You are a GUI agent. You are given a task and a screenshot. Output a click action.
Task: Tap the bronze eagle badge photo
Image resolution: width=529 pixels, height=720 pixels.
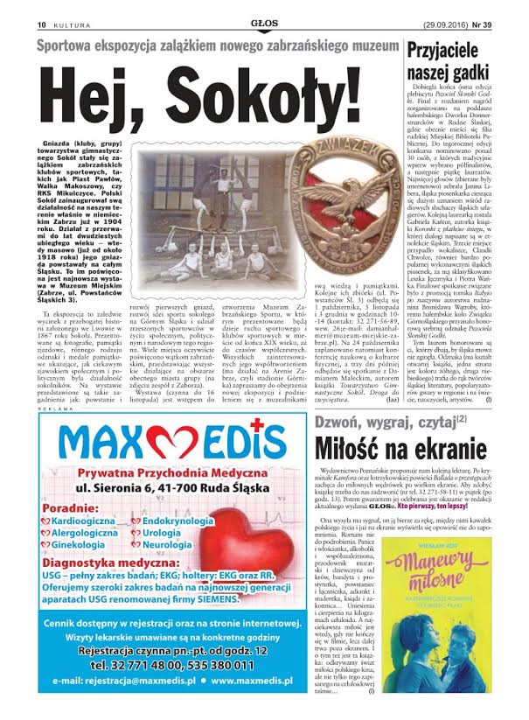tap(349, 183)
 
